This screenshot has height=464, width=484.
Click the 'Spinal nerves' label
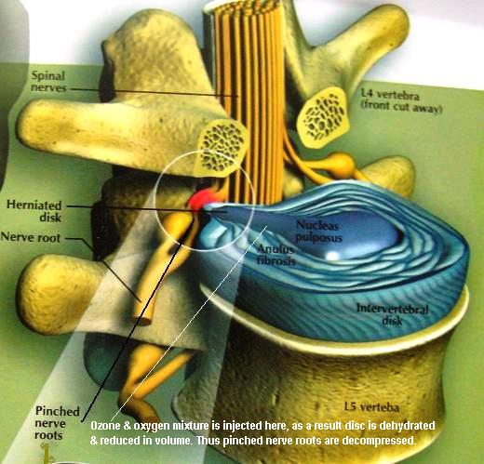pos(48,82)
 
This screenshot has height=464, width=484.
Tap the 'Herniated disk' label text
pos(34,211)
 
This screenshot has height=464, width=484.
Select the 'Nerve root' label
pos(31,237)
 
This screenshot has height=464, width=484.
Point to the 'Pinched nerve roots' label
pos(58,423)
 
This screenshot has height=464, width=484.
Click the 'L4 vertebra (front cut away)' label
pos(401,100)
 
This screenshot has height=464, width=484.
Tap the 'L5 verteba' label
pos(371,407)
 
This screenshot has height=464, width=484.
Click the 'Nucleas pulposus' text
pos(318,232)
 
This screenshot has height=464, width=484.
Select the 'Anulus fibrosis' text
pos(276,255)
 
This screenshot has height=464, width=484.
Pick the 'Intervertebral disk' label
pos(392,314)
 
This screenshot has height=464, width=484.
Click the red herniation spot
pos(202,200)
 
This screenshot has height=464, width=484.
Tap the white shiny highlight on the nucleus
pos(332,256)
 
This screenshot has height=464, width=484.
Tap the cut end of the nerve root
pos(142,319)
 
